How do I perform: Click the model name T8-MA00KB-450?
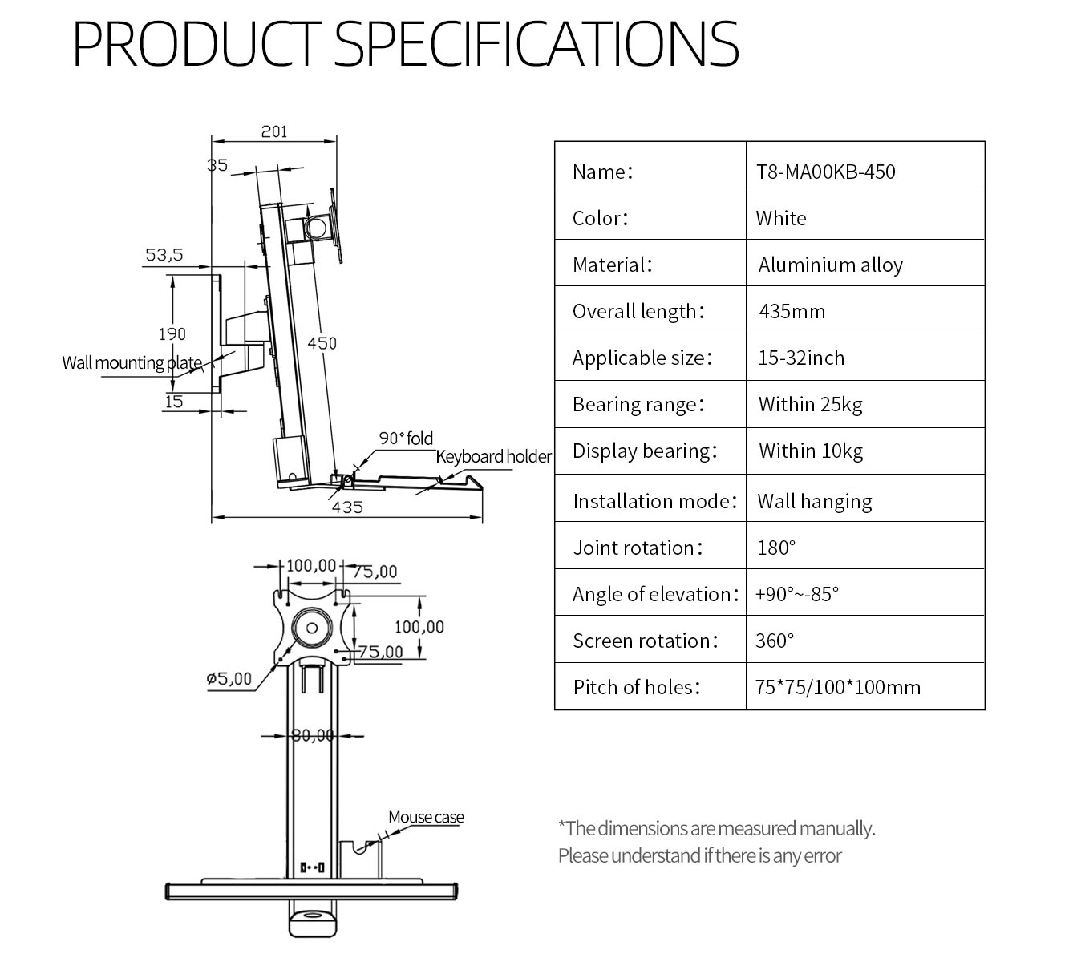(825, 172)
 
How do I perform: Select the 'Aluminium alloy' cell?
(831, 265)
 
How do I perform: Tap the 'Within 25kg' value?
(810, 405)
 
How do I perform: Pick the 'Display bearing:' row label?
(645, 451)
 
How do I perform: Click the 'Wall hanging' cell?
(815, 501)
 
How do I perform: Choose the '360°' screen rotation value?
(775, 641)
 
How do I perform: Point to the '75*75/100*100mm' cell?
(837, 687)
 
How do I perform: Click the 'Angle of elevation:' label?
(656, 595)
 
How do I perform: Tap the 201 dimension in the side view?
(273, 131)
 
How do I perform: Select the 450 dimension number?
(322, 343)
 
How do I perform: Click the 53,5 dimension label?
(164, 255)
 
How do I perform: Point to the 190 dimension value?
(172, 334)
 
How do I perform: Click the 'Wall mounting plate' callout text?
(132, 363)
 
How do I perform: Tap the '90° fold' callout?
(406, 439)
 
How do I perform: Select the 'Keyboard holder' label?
(493, 456)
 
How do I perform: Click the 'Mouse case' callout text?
(426, 817)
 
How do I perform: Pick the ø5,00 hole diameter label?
(229, 678)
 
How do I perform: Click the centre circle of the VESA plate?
(312, 628)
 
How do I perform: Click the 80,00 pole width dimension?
(313, 735)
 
